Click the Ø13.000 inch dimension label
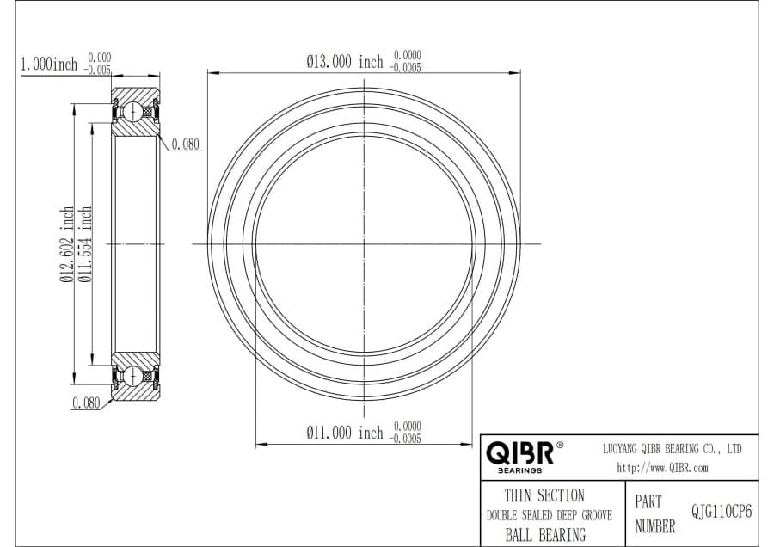[345, 62]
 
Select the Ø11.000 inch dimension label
[345, 433]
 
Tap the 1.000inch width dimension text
[48, 65]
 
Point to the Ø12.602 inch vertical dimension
[66, 244]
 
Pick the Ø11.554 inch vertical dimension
[84, 244]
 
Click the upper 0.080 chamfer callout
[186, 144]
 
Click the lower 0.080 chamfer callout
[86, 403]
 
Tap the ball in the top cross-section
[135, 111]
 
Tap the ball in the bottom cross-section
[135, 377]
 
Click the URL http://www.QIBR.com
[662, 469]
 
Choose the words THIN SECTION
[544, 495]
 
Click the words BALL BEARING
[544, 535]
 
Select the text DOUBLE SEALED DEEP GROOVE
[550, 516]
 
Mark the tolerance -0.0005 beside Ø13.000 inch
[406, 68]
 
